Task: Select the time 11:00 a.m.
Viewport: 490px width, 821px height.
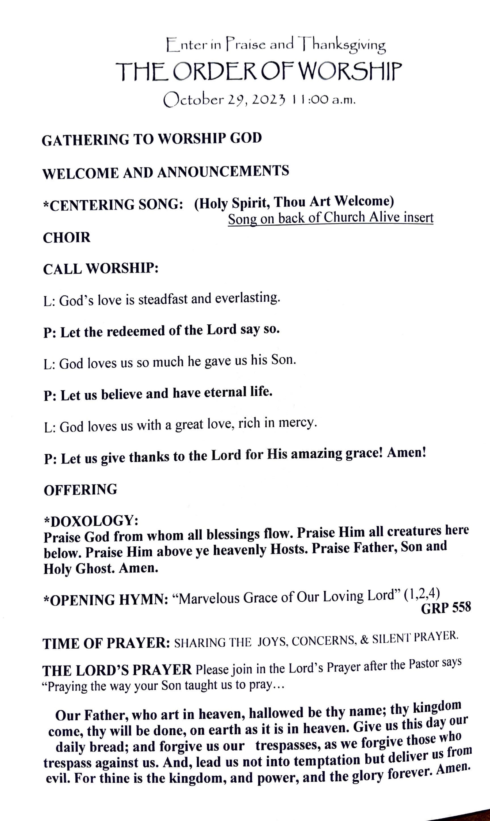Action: click(x=322, y=100)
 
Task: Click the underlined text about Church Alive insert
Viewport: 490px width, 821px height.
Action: click(x=330, y=218)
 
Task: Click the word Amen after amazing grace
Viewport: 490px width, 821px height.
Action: click(x=406, y=453)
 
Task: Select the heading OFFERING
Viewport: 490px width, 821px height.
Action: click(x=80, y=490)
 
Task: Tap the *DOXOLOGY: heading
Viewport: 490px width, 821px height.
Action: click(x=91, y=521)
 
